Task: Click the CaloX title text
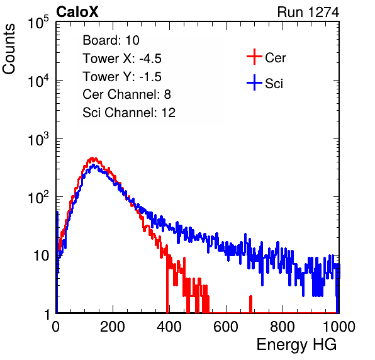click(x=77, y=12)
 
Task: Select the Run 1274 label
click(x=308, y=12)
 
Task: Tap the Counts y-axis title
click(x=9, y=49)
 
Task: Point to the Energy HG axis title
click(x=296, y=345)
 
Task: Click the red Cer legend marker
click(x=254, y=57)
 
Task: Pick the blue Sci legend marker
click(x=254, y=83)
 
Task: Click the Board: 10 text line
click(x=111, y=40)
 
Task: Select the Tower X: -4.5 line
click(x=122, y=59)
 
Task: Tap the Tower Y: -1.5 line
click(x=122, y=77)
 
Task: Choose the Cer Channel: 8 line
click(x=126, y=94)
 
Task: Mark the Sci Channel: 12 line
click(x=129, y=113)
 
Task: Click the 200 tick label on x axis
click(x=113, y=327)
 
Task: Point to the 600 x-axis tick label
click(x=226, y=327)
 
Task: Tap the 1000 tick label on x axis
click(x=339, y=327)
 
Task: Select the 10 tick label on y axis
click(x=42, y=256)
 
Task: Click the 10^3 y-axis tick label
click(x=38, y=139)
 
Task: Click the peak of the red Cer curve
click(x=92, y=158)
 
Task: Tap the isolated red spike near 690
click(x=250, y=304)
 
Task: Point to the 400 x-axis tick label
click(x=169, y=327)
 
